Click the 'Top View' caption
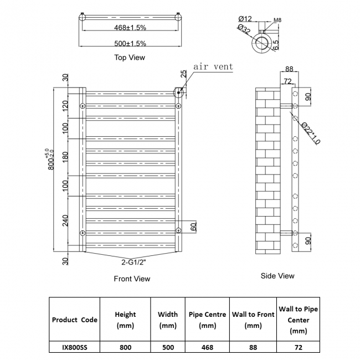pos(130,57)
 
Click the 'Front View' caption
pos(132,279)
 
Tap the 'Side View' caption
pos(277,275)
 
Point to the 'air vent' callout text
pos(213,67)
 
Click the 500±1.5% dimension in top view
pos(131,43)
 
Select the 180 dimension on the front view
pos(65,156)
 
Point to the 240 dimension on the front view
pos(65,220)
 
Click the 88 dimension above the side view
pos(289,69)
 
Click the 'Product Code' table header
pos(74,320)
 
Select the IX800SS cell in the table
pos(74,348)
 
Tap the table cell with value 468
pos(207,348)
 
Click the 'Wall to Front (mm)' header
pos(253,320)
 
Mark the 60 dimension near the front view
pos(194,227)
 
